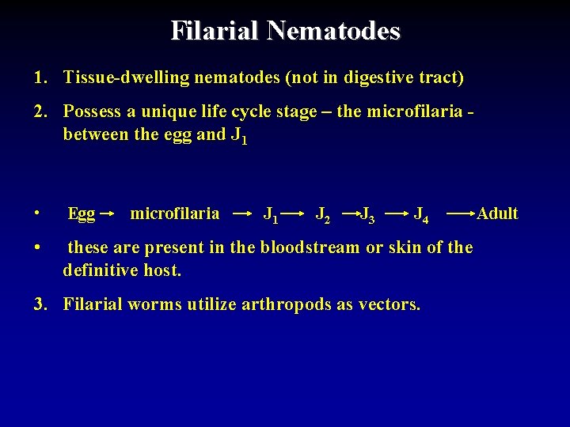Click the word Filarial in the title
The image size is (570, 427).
(x=215, y=31)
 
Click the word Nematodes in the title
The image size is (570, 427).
(x=333, y=31)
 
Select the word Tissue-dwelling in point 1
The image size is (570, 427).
(x=117, y=77)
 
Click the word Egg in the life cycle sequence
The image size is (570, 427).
(x=82, y=213)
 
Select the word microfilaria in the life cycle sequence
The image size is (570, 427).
(x=174, y=213)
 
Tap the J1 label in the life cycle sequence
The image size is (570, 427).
(x=270, y=214)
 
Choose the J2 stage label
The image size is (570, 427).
(x=323, y=214)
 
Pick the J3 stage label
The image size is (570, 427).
(x=368, y=214)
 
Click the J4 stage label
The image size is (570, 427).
(x=422, y=214)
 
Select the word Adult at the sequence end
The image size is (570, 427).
(x=497, y=213)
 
